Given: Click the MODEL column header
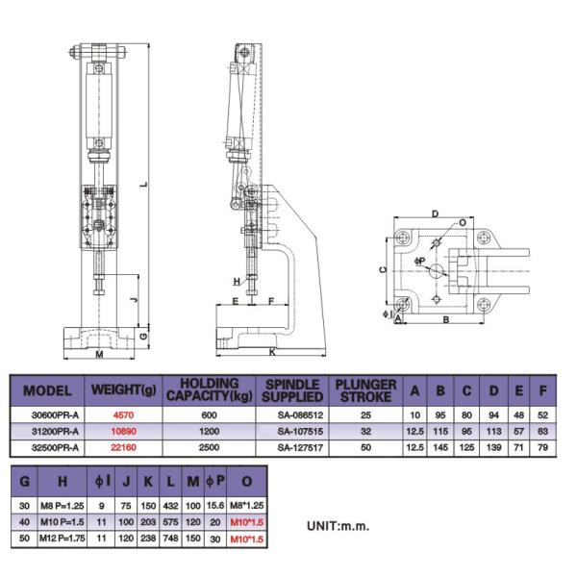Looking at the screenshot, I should [x=47, y=391].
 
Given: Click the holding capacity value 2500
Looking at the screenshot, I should [x=209, y=448].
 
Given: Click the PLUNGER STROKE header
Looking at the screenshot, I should [x=366, y=391].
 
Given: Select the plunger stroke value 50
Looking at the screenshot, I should [x=366, y=448].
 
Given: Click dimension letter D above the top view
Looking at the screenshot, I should [x=436, y=213].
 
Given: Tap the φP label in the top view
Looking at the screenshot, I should [x=419, y=260].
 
